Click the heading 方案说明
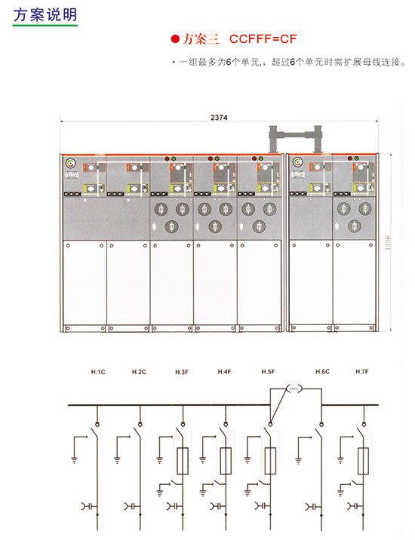pyautogui.click(x=45, y=15)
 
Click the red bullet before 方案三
pyautogui.click(x=176, y=39)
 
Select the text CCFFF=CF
pyautogui.click(x=263, y=39)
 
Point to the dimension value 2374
pyautogui.click(x=219, y=118)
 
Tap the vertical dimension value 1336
pyautogui.click(x=388, y=242)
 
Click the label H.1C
pyautogui.click(x=98, y=372)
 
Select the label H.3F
pyautogui.click(x=182, y=372)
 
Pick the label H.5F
pyautogui.click(x=268, y=372)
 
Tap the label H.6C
pyautogui.click(x=323, y=372)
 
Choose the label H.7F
pyautogui.click(x=362, y=372)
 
